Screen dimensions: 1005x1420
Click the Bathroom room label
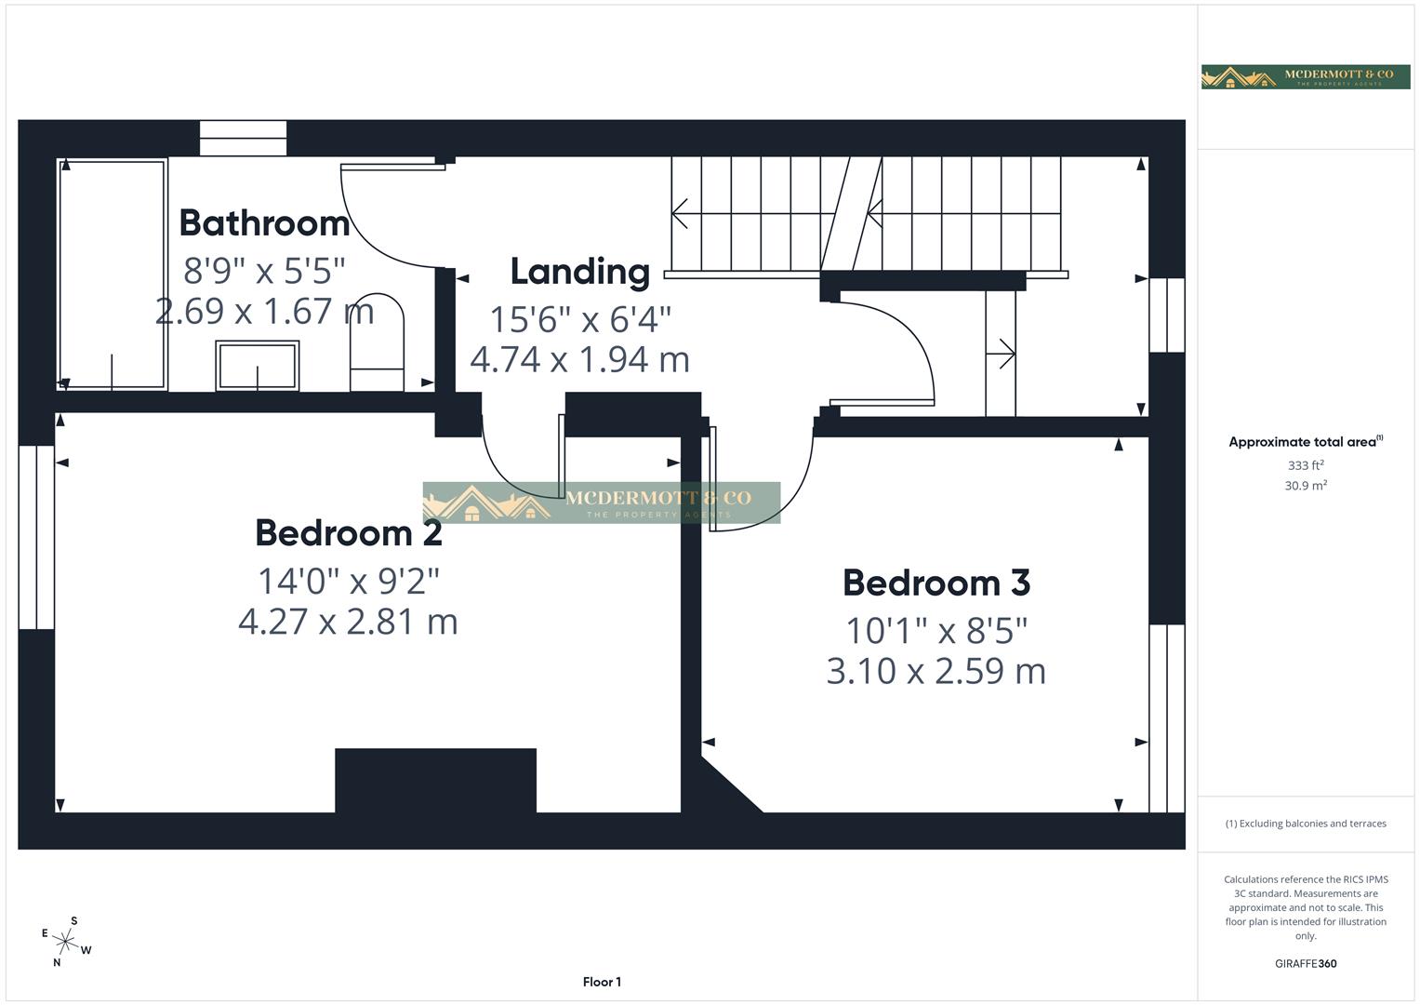point(264,223)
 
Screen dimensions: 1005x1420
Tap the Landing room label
point(580,272)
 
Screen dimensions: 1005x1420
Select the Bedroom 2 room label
point(349,533)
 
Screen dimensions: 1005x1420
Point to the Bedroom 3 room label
point(936,583)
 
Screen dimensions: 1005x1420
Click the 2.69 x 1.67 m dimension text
point(265,311)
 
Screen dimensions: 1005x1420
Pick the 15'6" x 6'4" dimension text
point(580,319)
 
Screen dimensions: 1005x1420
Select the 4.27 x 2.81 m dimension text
point(349,621)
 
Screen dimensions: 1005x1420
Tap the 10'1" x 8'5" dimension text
point(936,631)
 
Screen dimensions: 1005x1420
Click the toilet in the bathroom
point(377,344)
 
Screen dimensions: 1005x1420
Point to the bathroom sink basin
point(258,365)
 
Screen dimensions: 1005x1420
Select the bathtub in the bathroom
point(113,275)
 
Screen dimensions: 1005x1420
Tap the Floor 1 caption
point(602,982)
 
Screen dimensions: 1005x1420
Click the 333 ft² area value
point(1306,465)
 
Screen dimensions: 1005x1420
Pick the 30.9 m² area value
point(1306,486)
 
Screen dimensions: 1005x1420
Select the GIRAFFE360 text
point(1306,964)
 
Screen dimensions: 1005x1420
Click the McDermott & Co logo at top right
point(1306,76)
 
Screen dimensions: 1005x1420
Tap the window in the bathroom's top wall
point(244,139)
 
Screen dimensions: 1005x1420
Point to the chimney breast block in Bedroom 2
point(435,781)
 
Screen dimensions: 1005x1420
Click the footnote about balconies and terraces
point(1306,824)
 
